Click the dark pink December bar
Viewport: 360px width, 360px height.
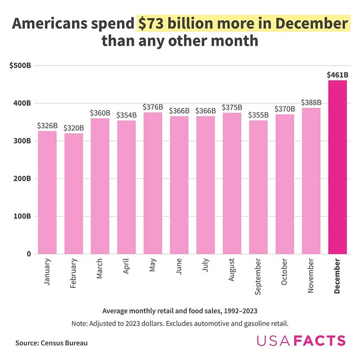click(x=337, y=167)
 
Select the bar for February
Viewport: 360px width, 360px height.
click(x=74, y=193)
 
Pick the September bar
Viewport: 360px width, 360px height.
click(x=258, y=187)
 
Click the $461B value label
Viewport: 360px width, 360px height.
click(x=337, y=74)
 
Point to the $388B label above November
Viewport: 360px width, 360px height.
click(x=311, y=102)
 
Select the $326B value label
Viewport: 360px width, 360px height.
click(x=47, y=125)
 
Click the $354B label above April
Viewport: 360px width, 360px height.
click(x=127, y=115)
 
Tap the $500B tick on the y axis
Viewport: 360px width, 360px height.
click(x=20, y=65)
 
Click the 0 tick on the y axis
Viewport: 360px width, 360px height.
click(x=28, y=254)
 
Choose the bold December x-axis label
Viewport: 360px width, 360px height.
click(x=337, y=276)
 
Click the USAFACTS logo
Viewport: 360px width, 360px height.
click(x=301, y=341)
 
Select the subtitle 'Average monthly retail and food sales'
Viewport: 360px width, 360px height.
click(x=180, y=310)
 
